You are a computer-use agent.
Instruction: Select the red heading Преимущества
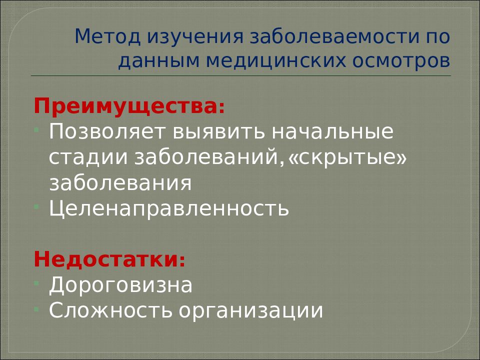pos(127,106)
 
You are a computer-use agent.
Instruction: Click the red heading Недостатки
pos(107,259)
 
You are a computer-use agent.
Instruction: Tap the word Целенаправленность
pos(169,208)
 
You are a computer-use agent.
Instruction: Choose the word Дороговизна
pos(120,285)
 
